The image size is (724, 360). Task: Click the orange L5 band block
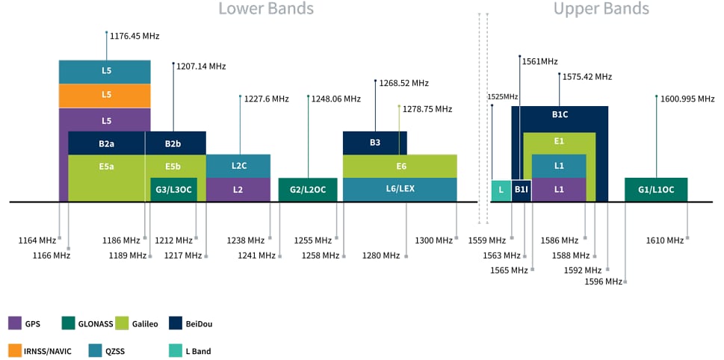click(105, 95)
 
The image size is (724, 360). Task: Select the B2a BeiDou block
click(106, 142)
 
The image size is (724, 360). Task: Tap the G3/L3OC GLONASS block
click(173, 190)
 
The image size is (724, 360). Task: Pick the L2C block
click(238, 166)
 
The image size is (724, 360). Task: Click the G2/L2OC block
click(308, 190)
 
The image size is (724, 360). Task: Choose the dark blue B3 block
click(375, 142)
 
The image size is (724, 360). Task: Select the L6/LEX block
click(400, 189)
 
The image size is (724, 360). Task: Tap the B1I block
click(522, 190)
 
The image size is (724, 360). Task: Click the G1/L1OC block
click(656, 190)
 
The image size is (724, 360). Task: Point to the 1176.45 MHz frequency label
click(134, 36)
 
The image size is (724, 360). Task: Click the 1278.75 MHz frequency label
click(427, 109)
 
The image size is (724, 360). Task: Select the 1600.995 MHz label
click(687, 99)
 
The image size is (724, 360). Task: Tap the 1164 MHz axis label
click(37, 240)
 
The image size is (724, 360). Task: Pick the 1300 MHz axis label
click(433, 240)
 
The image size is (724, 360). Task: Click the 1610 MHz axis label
click(665, 240)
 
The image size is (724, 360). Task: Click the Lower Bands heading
click(266, 10)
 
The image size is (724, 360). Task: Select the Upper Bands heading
click(601, 10)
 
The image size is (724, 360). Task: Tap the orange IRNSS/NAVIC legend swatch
click(15, 350)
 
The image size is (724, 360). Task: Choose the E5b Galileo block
click(176, 166)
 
